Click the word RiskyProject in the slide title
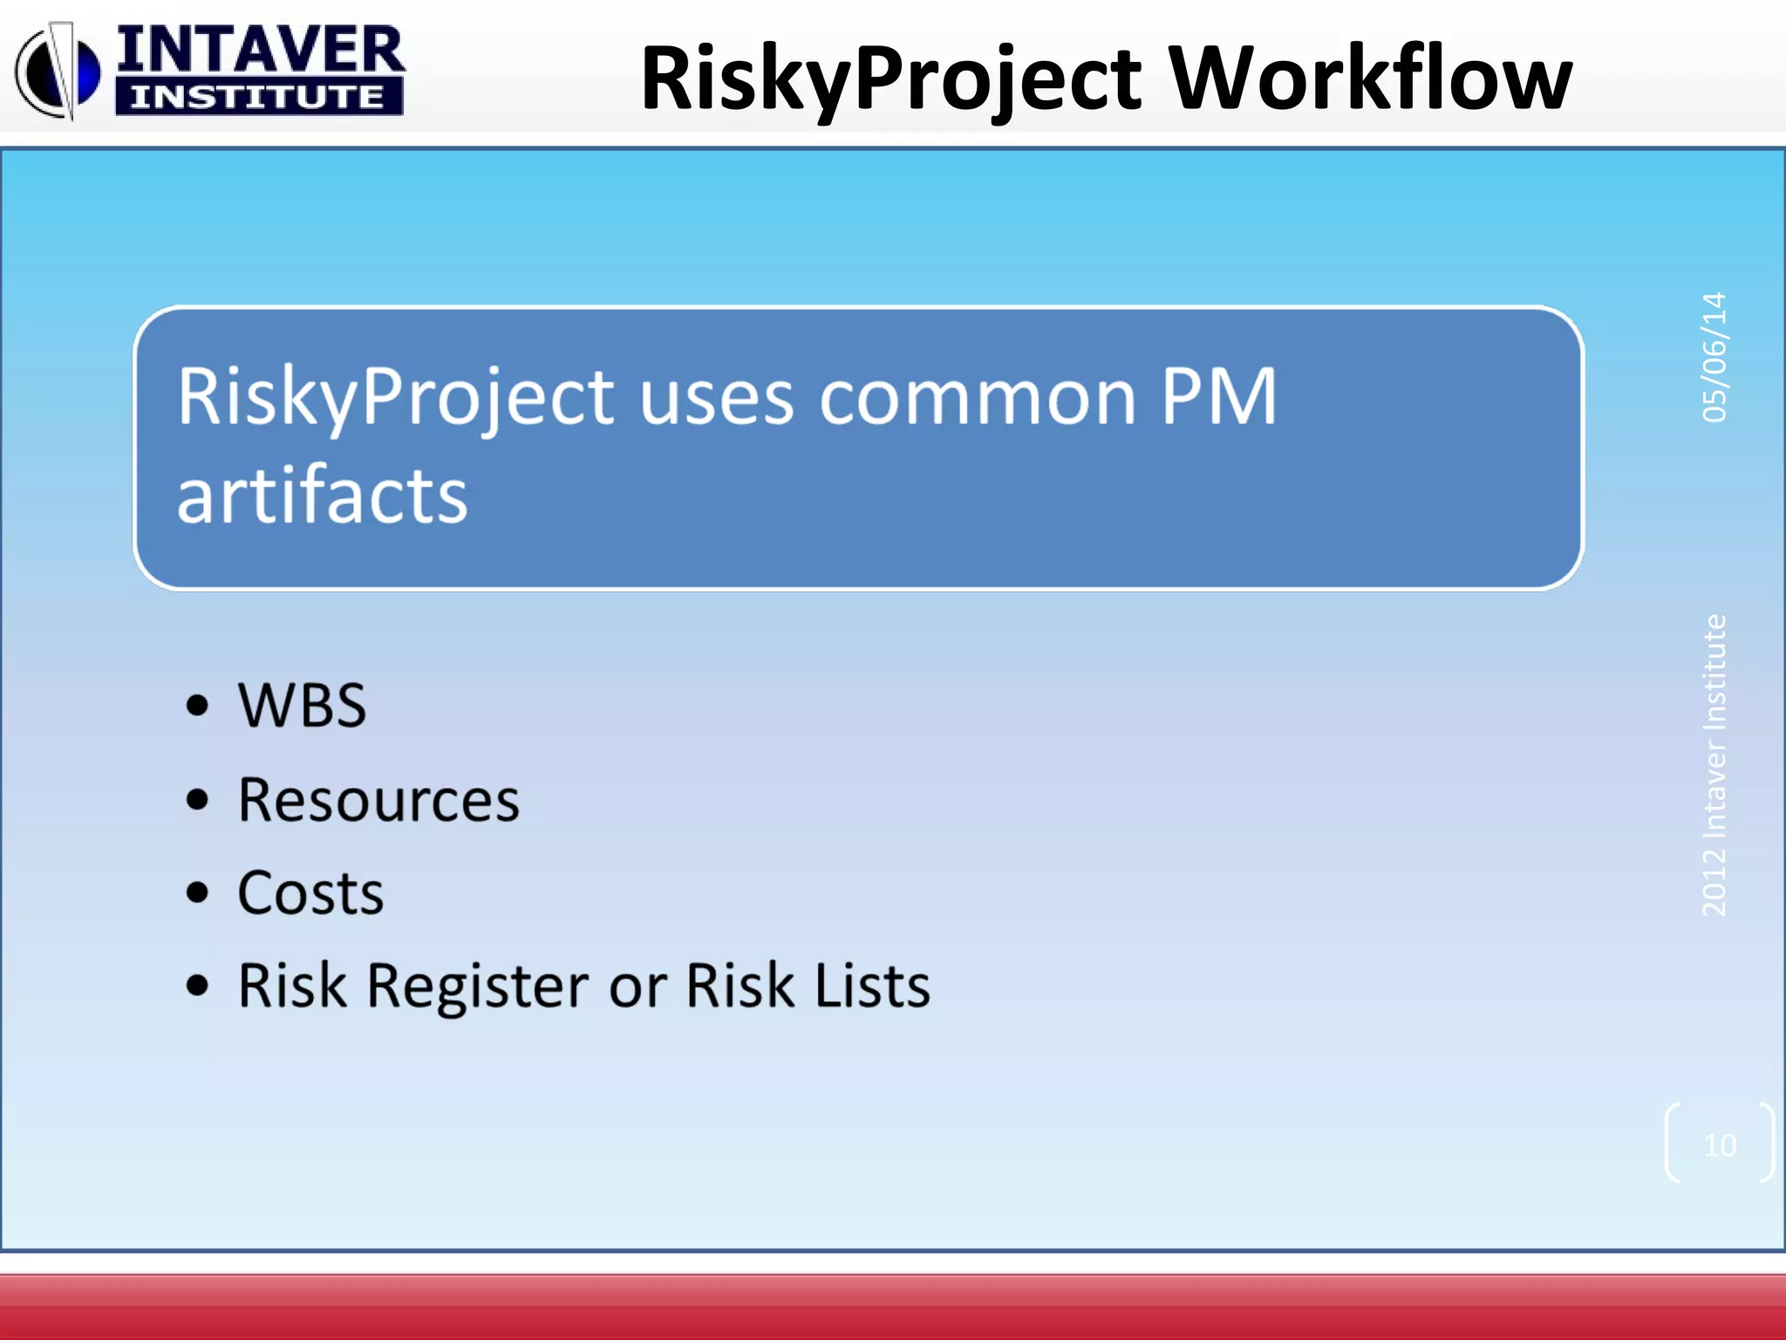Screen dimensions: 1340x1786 coord(890,80)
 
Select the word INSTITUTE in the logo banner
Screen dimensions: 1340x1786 coord(258,97)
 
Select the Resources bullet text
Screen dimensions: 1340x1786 coord(378,800)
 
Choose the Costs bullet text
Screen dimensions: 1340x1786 coord(310,893)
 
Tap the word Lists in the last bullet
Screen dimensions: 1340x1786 coord(872,986)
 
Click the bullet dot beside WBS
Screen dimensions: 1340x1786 coord(198,705)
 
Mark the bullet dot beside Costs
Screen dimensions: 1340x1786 coord(198,892)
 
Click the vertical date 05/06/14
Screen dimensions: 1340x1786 coord(1714,358)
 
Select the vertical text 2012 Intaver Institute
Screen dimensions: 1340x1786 coord(1714,765)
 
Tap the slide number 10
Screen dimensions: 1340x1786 coord(1720,1145)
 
